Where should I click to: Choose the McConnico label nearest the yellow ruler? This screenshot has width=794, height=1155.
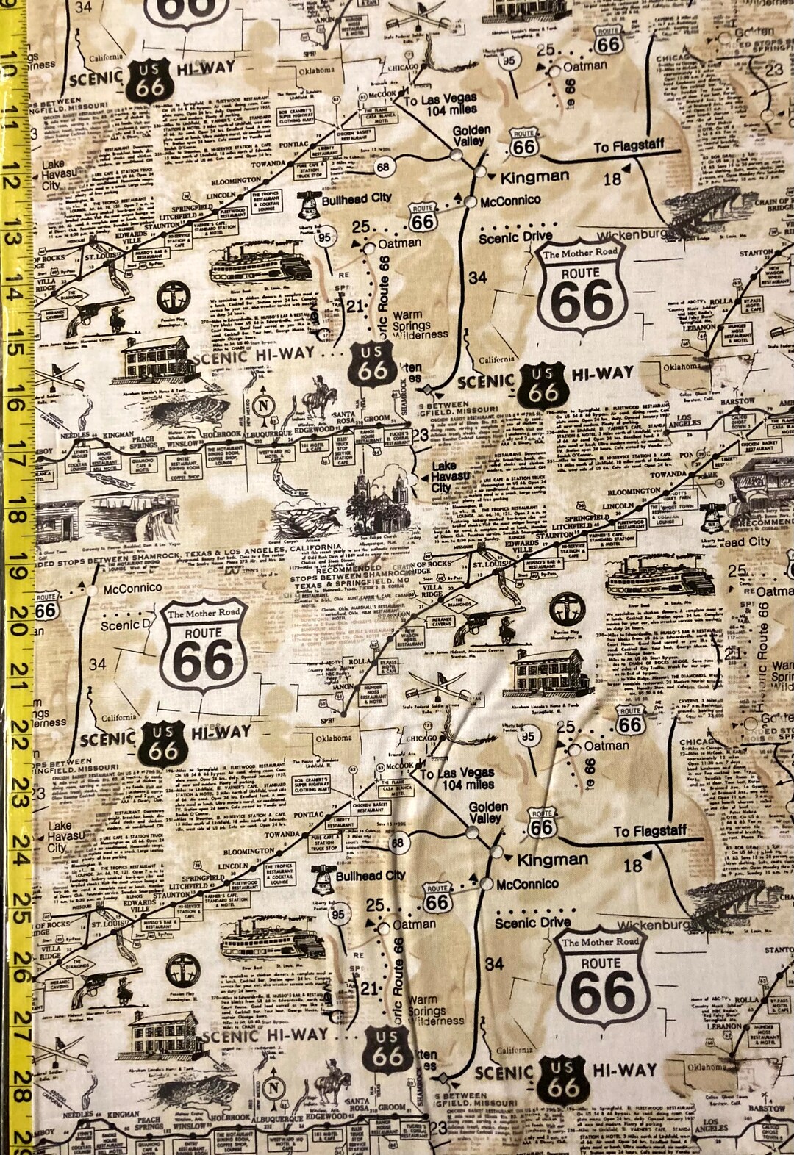pyautogui.click(x=132, y=588)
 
